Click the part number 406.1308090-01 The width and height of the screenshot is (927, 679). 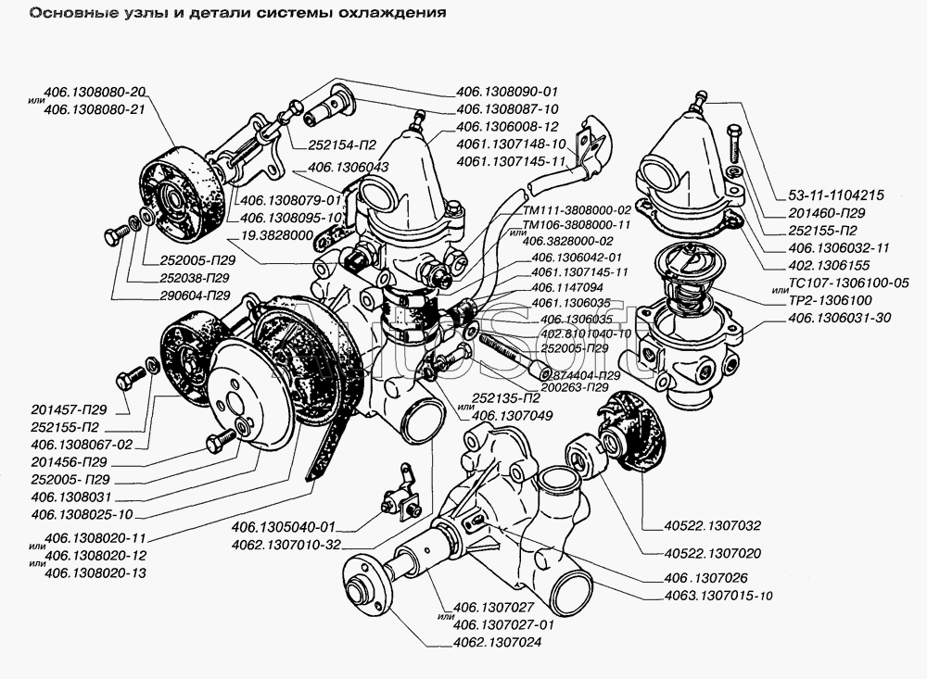pos(506,92)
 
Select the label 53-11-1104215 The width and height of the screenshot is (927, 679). pos(835,195)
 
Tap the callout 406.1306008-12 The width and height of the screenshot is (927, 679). pos(506,125)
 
